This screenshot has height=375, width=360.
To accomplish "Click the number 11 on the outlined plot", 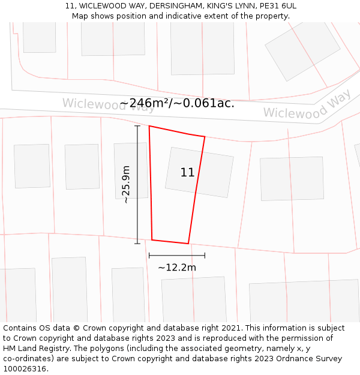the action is coord(187,173).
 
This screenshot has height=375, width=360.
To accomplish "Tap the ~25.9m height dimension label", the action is coord(126,185).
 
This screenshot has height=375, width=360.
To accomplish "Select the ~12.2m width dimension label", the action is coord(177,268).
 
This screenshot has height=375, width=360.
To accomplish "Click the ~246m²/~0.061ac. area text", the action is coord(177,103).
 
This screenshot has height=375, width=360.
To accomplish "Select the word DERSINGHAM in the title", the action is coord(177,6).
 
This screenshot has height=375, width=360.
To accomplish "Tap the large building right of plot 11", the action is coord(292,178).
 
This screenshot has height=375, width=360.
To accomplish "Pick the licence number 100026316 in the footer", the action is coord(25,369).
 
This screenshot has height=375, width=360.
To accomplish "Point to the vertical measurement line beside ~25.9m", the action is coord(137,185).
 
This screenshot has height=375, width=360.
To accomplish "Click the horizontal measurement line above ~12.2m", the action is coord(177,255).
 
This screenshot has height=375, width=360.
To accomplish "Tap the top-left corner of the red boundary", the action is coord(149,126).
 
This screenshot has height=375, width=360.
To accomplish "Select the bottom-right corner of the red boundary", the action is coord(188,244).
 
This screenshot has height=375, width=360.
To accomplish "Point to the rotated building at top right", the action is coord(302,51).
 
